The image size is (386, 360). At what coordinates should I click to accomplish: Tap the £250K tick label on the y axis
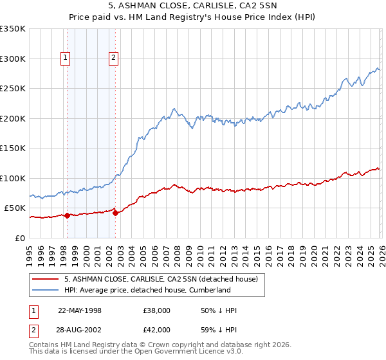coord(13,89)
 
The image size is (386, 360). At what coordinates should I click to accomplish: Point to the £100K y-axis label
coord(13,178)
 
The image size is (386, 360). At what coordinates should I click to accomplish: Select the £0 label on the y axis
coord(21,238)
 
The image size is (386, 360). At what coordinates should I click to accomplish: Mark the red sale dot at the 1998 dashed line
coord(67,215)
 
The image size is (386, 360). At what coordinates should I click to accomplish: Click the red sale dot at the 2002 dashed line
coord(115,213)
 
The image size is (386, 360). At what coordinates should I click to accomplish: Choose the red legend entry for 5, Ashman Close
coord(161,279)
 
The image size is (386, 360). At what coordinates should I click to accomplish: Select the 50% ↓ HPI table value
coord(219,310)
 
